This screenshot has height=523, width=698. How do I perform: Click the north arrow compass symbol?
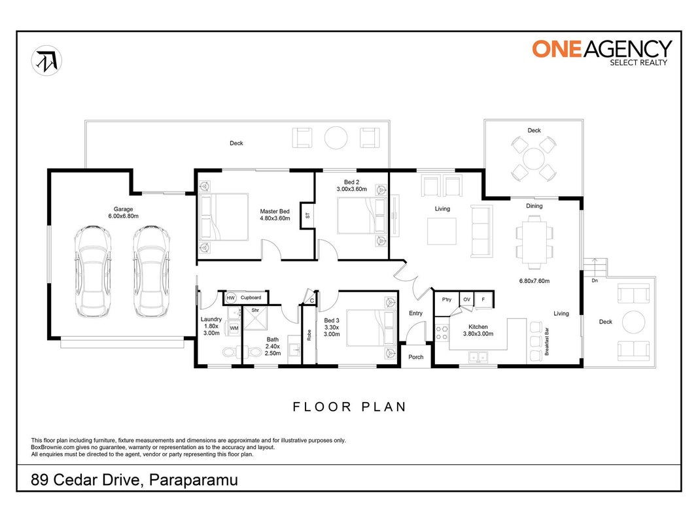[46, 61]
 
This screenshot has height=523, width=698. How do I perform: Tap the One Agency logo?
[602, 52]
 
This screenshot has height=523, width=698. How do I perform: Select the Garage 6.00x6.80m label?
[123, 212]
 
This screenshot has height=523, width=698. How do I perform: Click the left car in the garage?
[93, 271]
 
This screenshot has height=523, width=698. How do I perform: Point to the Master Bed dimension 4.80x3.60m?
[275, 218]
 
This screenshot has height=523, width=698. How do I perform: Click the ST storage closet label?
[307, 216]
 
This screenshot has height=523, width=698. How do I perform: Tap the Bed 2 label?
[352, 182]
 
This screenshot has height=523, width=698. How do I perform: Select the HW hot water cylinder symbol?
[230, 297]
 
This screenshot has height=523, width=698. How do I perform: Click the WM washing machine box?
[234, 328]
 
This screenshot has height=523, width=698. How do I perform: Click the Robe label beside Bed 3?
[309, 335]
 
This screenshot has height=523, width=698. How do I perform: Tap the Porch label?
[416, 357]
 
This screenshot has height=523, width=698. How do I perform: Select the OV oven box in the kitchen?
[466, 300]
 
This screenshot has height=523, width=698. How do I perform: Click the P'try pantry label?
[447, 299]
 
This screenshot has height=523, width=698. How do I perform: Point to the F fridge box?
[483, 300]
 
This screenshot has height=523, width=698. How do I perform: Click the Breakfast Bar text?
[547, 341]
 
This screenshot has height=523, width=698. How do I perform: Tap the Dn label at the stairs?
[595, 280]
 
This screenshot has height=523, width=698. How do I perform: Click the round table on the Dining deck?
[534, 158]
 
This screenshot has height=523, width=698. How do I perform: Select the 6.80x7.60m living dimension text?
[534, 280]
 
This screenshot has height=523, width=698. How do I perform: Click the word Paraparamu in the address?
[194, 480]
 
